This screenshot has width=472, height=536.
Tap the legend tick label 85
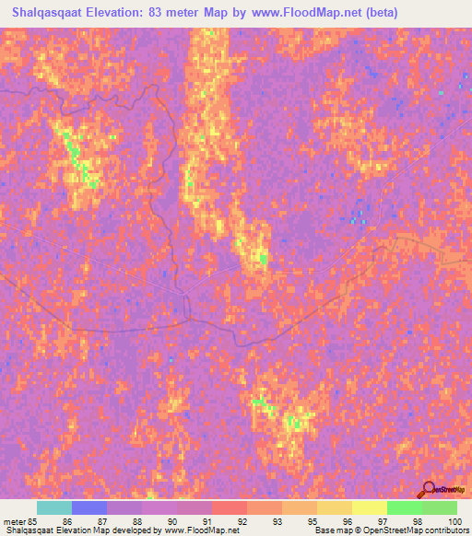click(x=35, y=520)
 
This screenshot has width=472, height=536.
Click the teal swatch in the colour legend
click(x=54, y=507)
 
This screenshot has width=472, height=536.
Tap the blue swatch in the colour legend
click(x=89, y=507)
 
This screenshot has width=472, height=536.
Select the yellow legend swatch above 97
click(x=370, y=507)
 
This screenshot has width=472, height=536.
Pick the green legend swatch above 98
click(x=405, y=507)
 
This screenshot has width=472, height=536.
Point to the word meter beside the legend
click(x=14, y=520)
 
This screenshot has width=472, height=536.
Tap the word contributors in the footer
click(x=446, y=530)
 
